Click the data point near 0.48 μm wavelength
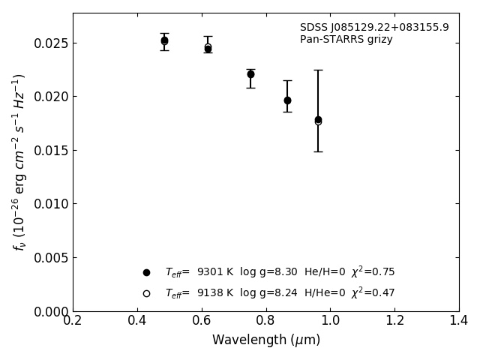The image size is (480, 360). tap(164, 40)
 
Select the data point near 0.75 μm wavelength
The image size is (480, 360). tap(250, 74)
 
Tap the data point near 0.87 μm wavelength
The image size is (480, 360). tap(287, 100)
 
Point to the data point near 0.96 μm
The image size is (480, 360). tap(318, 120)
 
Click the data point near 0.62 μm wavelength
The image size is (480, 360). tap(208, 48)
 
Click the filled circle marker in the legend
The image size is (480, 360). tap(146, 272)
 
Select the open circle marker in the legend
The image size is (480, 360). tap(146, 293)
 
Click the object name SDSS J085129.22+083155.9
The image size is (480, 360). tap(374, 28)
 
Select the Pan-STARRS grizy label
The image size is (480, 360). tap(346, 40)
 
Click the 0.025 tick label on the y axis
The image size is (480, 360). tap(50, 43)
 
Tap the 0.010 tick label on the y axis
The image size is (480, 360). tap(50, 204)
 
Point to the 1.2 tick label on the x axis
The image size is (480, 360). tap(394, 321)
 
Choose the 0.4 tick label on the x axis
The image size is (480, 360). tap(137, 321)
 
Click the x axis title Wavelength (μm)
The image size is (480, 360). tap(266, 340)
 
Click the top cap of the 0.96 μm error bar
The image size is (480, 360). tap(318, 70)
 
